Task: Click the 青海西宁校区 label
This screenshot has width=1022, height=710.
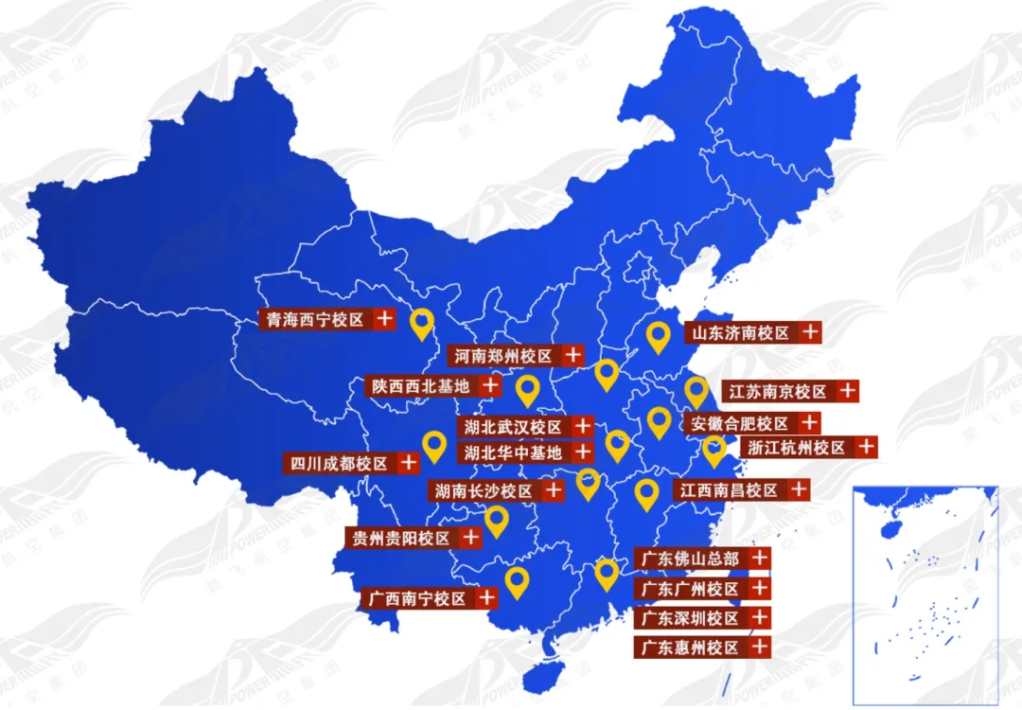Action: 316,320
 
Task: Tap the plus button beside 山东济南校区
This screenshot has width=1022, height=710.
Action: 809,332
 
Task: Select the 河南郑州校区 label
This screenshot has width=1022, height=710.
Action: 502,356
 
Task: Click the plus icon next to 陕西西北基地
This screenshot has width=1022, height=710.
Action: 490,385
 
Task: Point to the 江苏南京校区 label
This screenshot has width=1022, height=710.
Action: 777,391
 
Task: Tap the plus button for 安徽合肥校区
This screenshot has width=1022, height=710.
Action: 810,422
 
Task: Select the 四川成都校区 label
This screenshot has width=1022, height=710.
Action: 340,464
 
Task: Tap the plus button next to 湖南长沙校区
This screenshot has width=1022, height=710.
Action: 554,490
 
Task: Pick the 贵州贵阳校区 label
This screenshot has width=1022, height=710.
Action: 400,539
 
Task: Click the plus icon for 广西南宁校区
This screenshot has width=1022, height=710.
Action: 486,598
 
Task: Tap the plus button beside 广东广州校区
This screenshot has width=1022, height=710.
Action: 759,589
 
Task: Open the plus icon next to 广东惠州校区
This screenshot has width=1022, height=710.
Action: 759,648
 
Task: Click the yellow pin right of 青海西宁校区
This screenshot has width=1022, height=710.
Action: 423,324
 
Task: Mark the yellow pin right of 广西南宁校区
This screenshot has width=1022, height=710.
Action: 516,581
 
